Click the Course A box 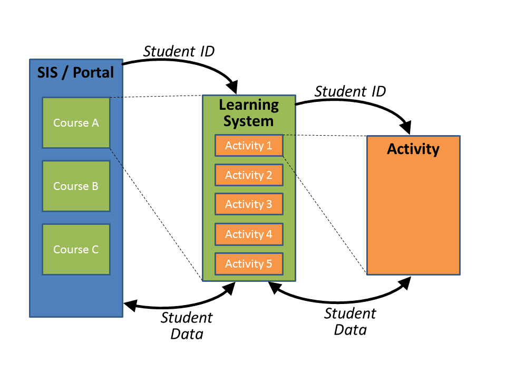coord(76,122)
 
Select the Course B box coord(76,186)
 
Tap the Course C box coord(76,249)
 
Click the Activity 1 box coord(249,146)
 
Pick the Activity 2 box coord(249,175)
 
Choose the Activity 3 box coord(249,204)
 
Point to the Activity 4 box coord(249,234)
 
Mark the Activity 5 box coord(249,263)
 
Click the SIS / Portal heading coord(75,72)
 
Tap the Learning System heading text coord(249,112)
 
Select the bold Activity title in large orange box coord(413,149)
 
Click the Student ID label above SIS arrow coord(179,51)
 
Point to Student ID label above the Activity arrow coord(350,91)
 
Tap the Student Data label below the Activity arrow coord(350,321)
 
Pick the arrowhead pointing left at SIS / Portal coord(130,305)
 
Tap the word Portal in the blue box coord(93,72)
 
